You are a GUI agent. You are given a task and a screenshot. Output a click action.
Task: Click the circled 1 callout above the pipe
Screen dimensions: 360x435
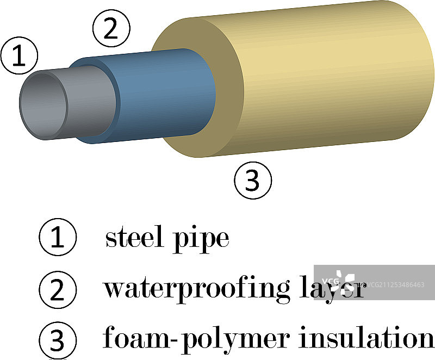(x=18, y=57)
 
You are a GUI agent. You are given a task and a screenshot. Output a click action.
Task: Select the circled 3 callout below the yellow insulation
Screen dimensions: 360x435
(x=252, y=180)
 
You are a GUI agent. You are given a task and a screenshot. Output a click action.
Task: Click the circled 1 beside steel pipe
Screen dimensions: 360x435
(x=58, y=238)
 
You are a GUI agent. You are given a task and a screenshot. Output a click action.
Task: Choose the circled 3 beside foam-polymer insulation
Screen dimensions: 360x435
(x=58, y=340)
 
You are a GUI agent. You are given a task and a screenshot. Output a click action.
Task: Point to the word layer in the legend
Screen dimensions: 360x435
(x=333, y=289)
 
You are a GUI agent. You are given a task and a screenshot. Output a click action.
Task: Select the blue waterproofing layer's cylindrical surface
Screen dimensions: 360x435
(x=163, y=92)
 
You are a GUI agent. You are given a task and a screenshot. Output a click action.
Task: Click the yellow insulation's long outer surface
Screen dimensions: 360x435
(x=326, y=76)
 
